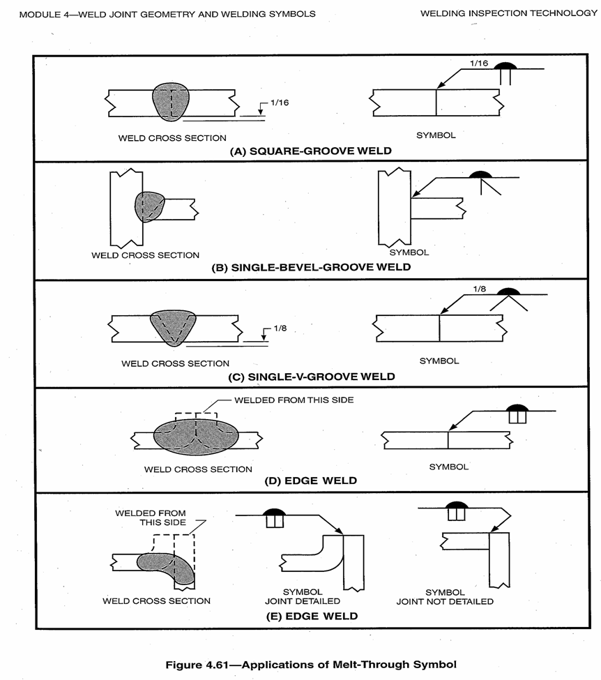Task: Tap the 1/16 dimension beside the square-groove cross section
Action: coord(279,103)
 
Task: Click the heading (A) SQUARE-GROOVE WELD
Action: coord(310,151)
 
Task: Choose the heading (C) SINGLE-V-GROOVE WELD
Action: coord(312,377)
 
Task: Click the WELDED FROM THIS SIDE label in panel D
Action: coord(283,400)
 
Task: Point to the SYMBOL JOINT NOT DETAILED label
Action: coord(445,596)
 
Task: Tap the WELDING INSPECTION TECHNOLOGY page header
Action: coord(508,13)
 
